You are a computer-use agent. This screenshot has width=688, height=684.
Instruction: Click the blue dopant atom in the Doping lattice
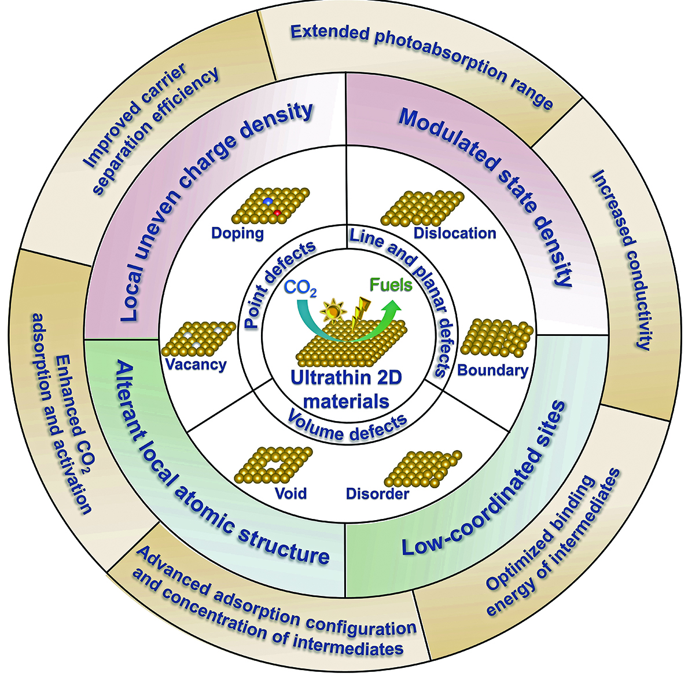[x=268, y=200]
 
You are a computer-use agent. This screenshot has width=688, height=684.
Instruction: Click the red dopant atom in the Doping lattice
[x=278, y=213]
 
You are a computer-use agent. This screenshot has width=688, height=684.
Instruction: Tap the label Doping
[x=237, y=233]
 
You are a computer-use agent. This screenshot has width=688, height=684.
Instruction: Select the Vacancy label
[x=196, y=365]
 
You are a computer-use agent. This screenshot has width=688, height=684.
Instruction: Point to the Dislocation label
[x=455, y=233]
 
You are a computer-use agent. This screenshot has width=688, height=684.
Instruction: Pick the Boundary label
[x=492, y=370]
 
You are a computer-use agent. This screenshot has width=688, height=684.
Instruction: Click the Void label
[x=290, y=493]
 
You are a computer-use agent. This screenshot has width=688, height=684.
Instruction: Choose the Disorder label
[x=377, y=494]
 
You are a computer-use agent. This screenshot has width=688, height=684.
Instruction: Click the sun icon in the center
[x=333, y=313]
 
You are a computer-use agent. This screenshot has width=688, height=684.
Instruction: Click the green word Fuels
[x=391, y=285]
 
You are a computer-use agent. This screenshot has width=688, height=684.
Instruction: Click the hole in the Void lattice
[x=267, y=466]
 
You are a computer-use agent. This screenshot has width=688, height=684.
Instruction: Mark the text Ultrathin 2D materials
[x=346, y=389]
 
